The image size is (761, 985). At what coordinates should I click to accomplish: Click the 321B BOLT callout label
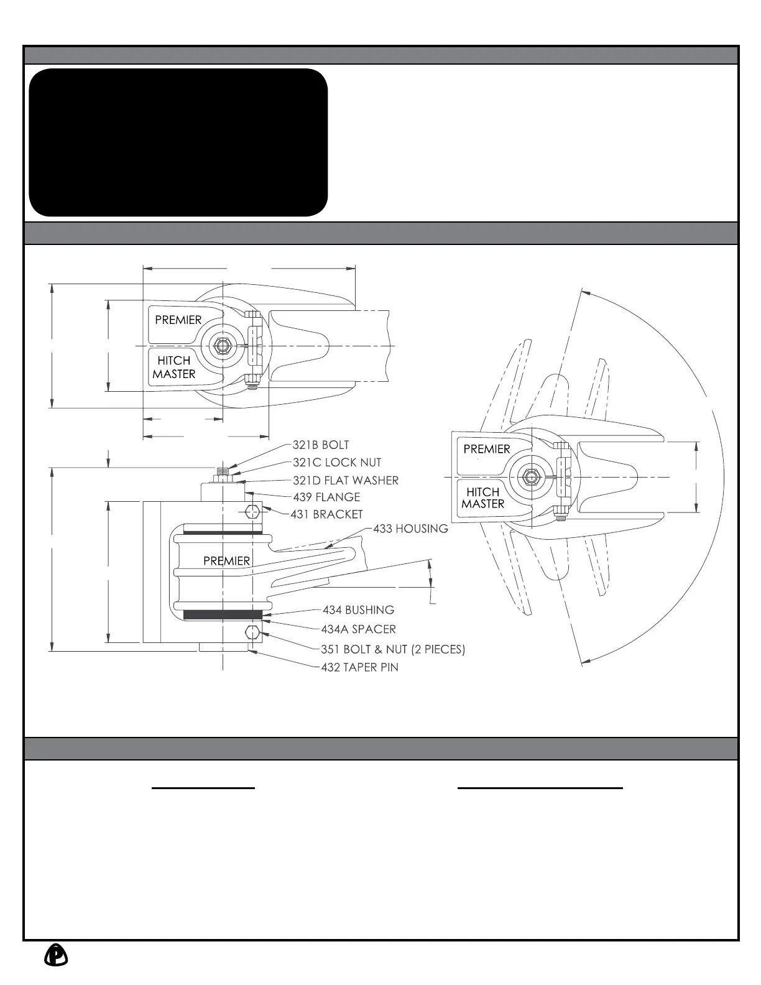[321, 445]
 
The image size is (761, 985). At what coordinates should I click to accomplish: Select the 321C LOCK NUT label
[337, 463]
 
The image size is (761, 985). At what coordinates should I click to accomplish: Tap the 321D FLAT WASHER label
[346, 480]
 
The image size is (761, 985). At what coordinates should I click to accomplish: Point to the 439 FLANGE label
[326, 497]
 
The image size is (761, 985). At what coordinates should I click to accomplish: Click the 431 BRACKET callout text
[326, 514]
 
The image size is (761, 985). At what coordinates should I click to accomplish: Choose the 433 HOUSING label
[410, 529]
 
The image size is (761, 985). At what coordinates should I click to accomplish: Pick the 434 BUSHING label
[358, 610]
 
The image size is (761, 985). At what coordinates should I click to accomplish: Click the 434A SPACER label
[358, 629]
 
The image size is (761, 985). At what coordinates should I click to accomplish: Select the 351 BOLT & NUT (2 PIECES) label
[393, 649]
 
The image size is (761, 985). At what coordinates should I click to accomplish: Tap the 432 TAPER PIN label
[359, 667]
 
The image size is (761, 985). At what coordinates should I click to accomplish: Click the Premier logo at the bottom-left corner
[56, 955]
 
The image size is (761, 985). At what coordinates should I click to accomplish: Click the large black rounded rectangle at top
[178, 142]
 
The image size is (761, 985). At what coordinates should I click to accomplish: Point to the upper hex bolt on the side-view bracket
[252, 512]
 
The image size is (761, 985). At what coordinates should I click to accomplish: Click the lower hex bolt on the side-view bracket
[252, 633]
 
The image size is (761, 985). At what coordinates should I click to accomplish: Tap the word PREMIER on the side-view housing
[226, 561]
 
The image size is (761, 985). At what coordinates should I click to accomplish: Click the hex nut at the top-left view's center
[222, 345]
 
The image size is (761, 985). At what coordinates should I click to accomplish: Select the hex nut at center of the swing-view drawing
[530, 477]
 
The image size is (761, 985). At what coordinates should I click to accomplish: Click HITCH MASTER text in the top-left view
[174, 368]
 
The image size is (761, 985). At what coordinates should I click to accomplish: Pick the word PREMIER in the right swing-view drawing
[486, 449]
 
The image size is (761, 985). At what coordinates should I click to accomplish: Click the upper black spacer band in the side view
[223, 533]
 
